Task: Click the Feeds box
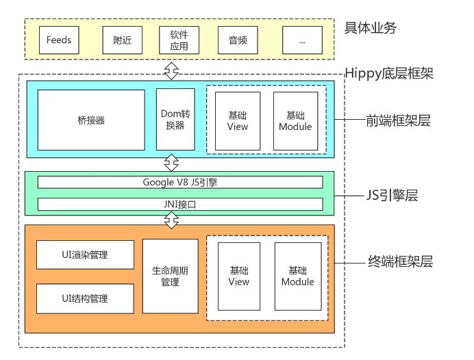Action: click(59, 40)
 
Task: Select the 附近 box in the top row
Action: click(123, 40)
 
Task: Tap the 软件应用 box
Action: click(179, 40)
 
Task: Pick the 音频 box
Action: click(237, 40)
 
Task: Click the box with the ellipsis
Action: click(302, 40)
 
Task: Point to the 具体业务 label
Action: click(371, 29)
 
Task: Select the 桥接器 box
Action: click(91, 120)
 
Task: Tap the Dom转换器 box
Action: click(171, 120)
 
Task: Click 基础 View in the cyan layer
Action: click(238, 120)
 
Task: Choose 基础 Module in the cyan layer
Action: click(295, 120)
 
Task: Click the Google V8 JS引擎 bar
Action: click(180, 182)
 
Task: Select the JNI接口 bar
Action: click(180, 204)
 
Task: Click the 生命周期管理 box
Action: click(170, 276)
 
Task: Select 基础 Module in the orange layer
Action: click(297, 276)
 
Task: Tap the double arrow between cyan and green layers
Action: click(171, 163)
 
